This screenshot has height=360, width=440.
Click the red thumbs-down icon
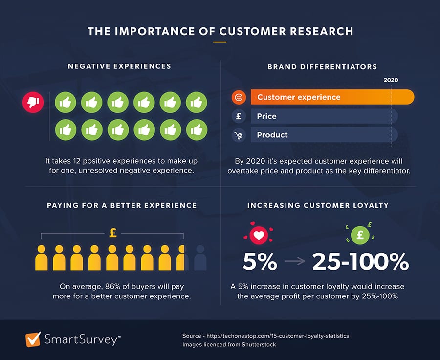33,102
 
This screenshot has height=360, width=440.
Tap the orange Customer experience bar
332,97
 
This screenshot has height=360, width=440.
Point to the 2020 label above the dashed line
391,80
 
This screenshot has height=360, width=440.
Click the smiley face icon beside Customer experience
239,97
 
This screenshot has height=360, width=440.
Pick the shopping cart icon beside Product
239,135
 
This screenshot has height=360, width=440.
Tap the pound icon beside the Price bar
239,116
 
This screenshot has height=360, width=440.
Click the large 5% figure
260,262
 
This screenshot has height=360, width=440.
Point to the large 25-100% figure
360,262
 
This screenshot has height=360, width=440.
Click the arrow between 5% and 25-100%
294,262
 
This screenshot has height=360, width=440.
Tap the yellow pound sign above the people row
112,233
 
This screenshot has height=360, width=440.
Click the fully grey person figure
200,258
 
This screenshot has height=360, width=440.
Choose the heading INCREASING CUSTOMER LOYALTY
318,205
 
